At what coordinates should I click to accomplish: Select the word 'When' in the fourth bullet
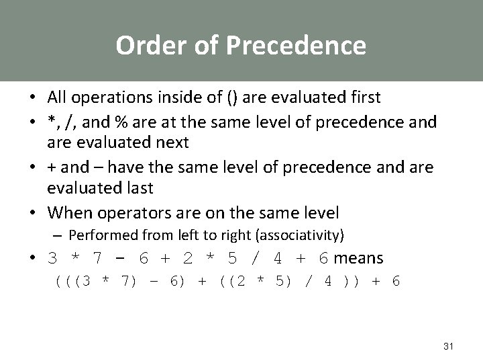tap(71, 213)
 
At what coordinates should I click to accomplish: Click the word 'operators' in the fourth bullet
tap(138, 213)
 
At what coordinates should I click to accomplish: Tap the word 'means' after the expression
tap(359, 258)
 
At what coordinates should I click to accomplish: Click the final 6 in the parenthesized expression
tap(396, 280)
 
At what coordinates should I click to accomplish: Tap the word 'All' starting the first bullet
tap(57, 97)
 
